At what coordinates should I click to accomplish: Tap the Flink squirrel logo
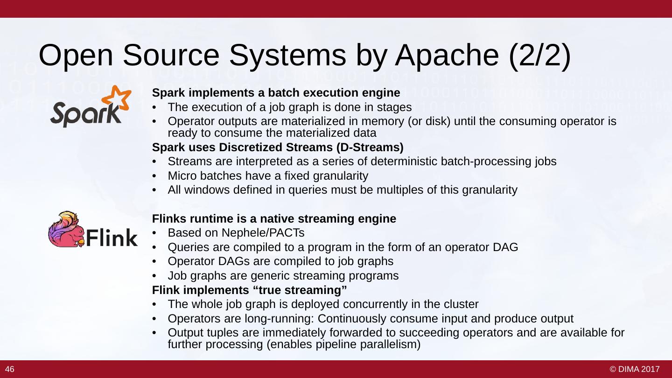(x=68, y=230)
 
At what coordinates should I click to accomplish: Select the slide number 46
(x=10, y=370)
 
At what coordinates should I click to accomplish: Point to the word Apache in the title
(x=447, y=56)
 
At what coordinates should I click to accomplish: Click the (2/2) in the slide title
(x=540, y=56)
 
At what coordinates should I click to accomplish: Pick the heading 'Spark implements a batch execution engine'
(x=276, y=92)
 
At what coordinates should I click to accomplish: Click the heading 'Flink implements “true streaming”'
(x=250, y=290)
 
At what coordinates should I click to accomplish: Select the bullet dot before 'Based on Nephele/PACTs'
(x=155, y=233)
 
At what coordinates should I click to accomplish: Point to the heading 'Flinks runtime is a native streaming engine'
(x=274, y=218)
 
